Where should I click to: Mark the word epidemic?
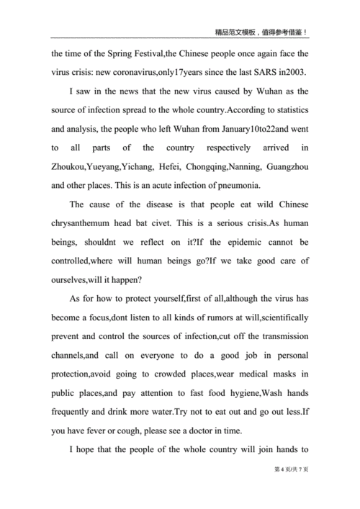click(x=233, y=241)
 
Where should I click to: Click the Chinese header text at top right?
click(x=262, y=32)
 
